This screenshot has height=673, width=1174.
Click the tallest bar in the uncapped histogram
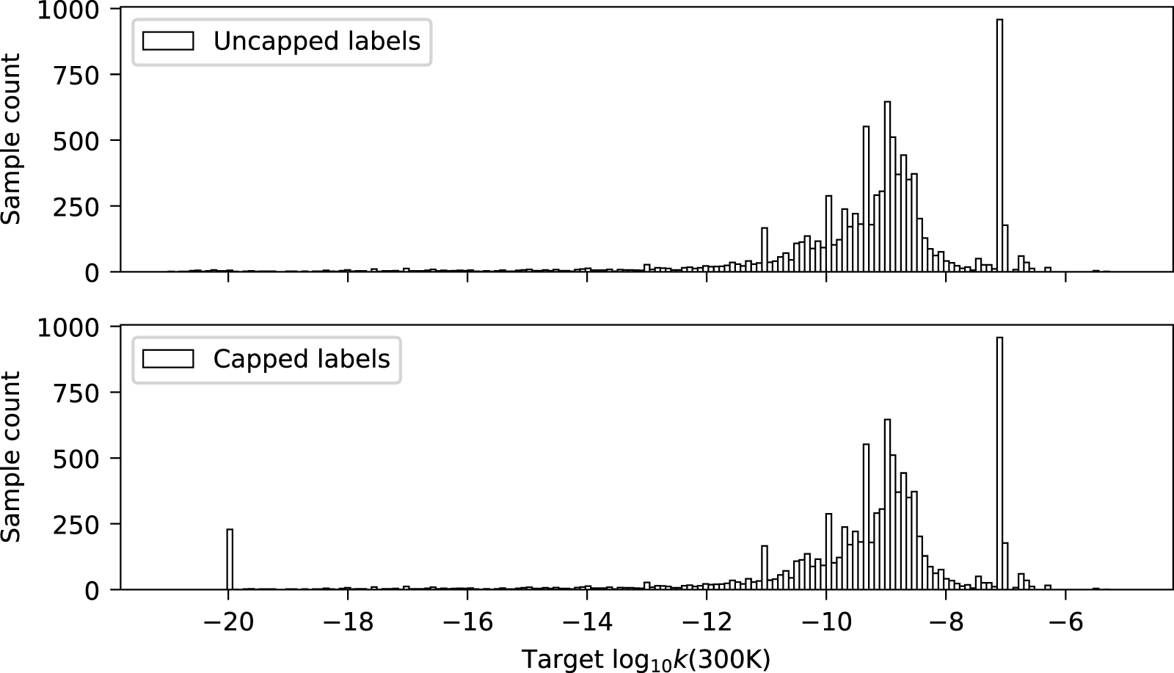pos(999,147)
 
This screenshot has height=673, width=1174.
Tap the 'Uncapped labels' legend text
pos(316,42)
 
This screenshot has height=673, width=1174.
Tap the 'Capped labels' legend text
pos(301,360)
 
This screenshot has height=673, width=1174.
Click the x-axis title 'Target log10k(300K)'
pos(646,659)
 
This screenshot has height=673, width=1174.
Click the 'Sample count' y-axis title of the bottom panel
pos(11,457)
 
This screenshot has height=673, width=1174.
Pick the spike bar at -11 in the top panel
pos(764,250)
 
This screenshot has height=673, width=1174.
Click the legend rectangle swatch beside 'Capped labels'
pos(168,359)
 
